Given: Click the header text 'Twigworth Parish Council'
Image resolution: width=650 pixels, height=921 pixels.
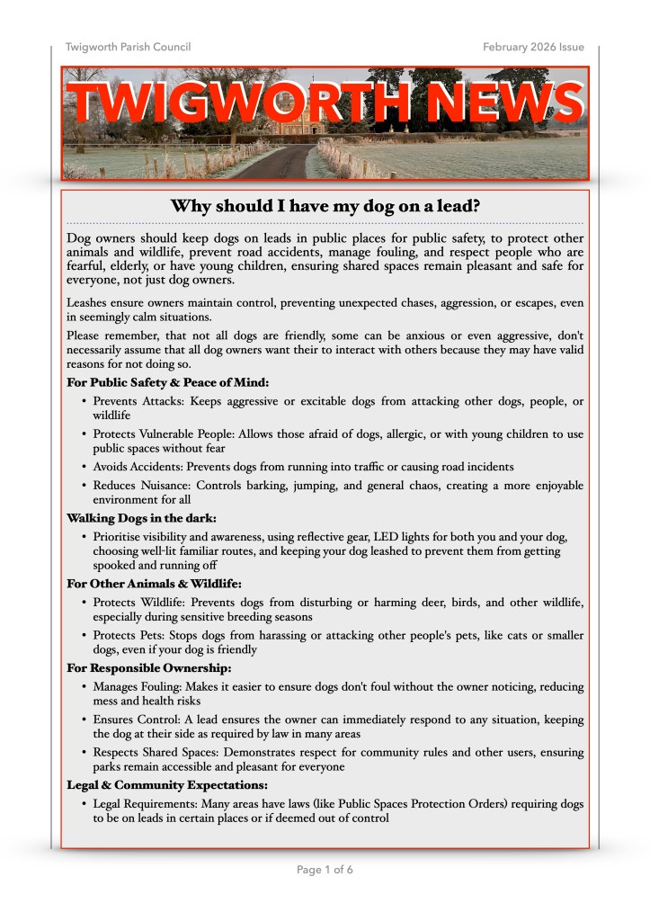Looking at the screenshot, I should click(x=128, y=47).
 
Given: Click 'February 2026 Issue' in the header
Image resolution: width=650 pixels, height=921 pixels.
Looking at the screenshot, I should click(x=532, y=47).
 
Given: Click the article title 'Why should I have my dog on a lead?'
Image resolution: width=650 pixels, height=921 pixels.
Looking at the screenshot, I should click(x=325, y=207).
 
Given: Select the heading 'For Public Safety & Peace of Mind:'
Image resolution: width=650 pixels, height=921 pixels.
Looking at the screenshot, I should click(x=168, y=382).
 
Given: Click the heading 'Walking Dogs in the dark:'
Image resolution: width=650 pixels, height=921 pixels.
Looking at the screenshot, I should click(x=141, y=518).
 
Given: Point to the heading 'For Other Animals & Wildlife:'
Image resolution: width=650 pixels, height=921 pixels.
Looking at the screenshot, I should click(x=154, y=584).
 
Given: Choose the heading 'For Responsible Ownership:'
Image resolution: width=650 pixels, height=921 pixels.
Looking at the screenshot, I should click(x=149, y=667).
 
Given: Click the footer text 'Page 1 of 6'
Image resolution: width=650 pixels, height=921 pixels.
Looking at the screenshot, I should click(x=325, y=870).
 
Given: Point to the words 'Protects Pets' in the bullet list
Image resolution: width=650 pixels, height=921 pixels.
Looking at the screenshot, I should click(x=126, y=636).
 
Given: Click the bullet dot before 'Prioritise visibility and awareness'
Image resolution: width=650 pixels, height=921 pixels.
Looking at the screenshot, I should click(x=84, y=537).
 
